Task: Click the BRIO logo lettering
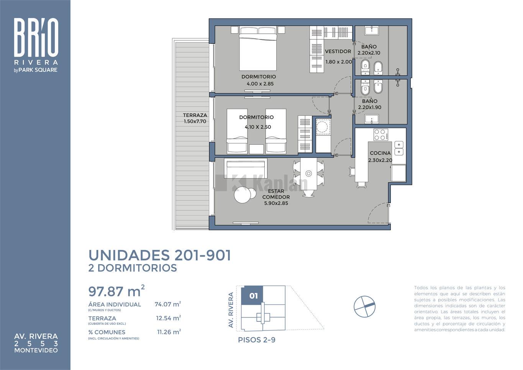36,37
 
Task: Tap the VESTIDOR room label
338,51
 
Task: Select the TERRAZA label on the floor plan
195,115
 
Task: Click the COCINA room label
380,153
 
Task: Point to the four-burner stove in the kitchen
380,135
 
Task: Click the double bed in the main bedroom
258,48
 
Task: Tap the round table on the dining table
309,174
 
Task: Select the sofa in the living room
245,168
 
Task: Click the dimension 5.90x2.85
276,203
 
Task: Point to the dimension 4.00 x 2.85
260,84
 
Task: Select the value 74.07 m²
168,304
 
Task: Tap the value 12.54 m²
168,318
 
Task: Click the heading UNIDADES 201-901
160,255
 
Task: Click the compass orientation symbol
364,306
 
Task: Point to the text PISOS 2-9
257,340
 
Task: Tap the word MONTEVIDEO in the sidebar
36,350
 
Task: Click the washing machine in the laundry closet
323,127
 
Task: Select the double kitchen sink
399,148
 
